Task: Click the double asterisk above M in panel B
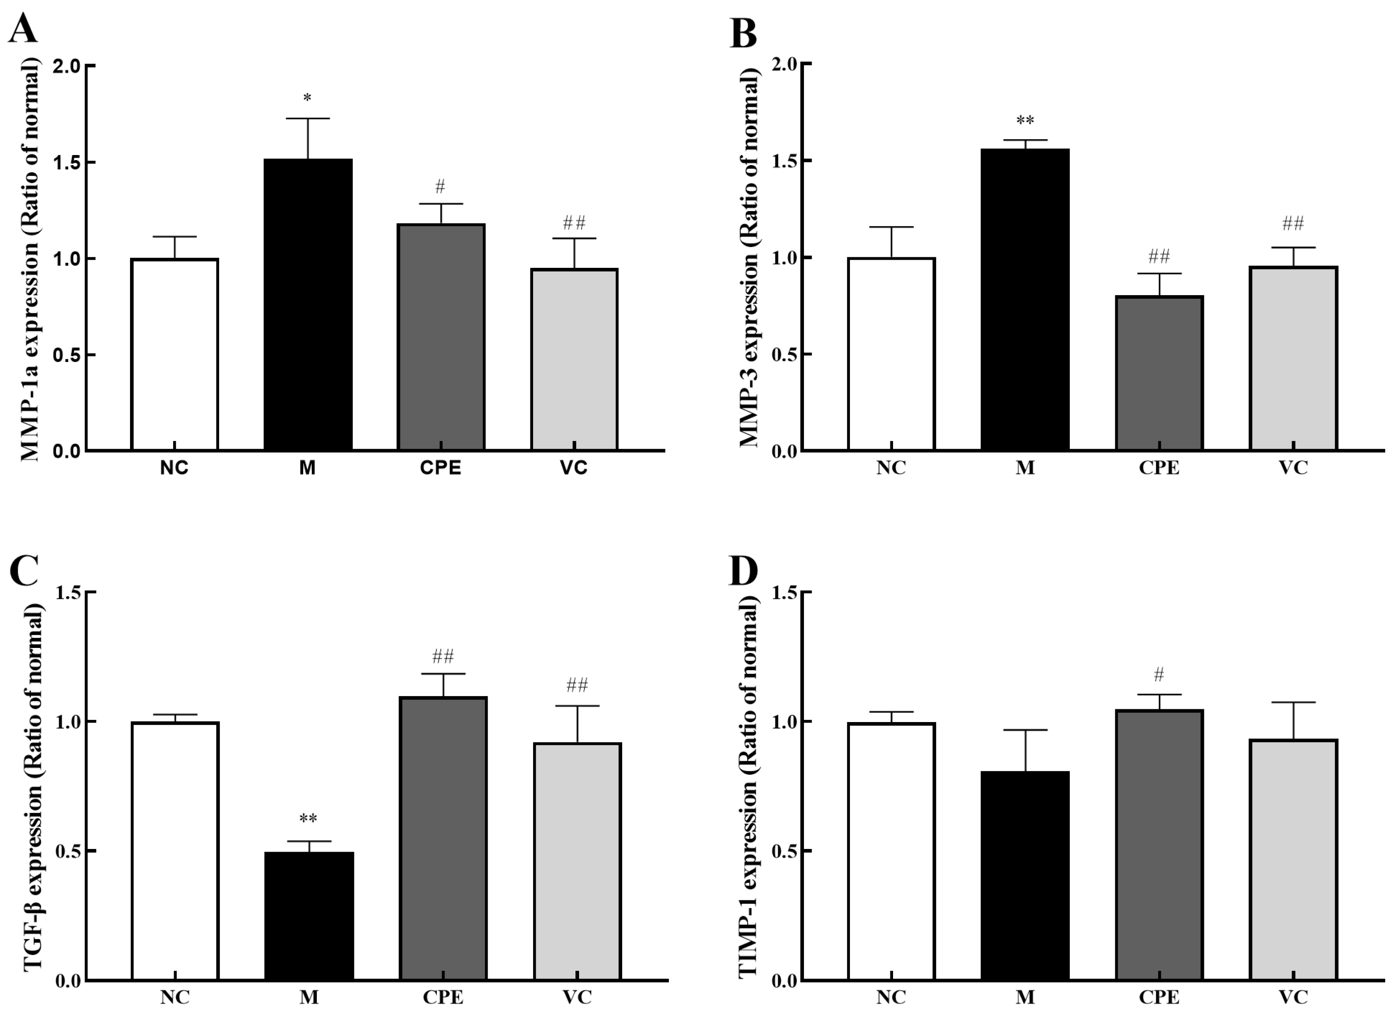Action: [1024, 120]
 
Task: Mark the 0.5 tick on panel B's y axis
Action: [784, 354]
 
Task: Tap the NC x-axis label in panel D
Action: [891, 997]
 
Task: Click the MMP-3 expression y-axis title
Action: [749, 257]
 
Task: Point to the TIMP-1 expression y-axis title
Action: [749, 786]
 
